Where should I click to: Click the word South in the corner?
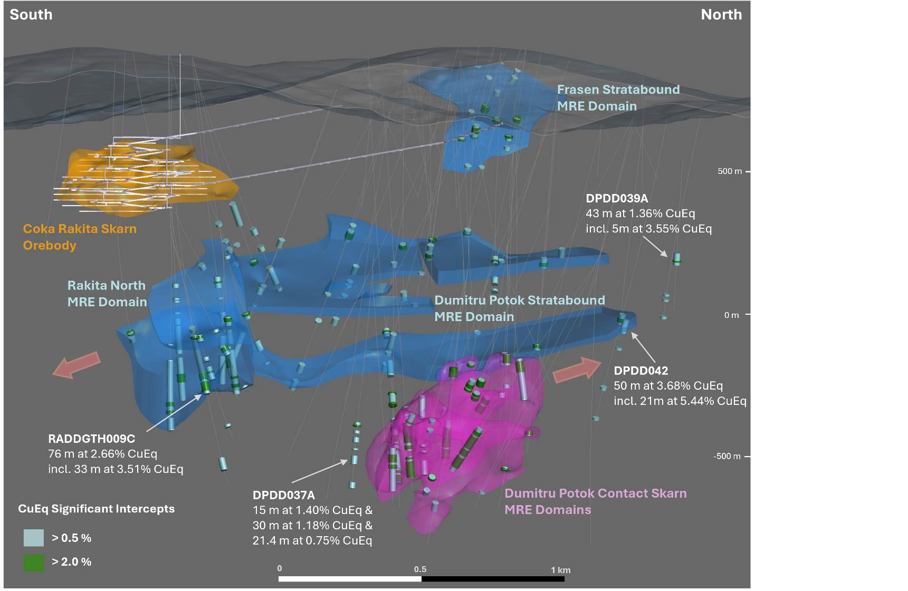pyautogui.click(x=31, y=14)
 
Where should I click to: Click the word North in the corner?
pyautogui.click(x=721, y=14)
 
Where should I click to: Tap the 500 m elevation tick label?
pyautogui.click(x=730, y=171)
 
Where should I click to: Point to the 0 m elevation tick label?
pyautogui.click(x=731, y=315)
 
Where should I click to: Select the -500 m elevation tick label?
pyautogui.click(x=727, y=456)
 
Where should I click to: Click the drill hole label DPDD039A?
pyautogui.click(x=617, y=198)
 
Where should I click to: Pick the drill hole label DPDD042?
pyautogui.click(x=641, y=371)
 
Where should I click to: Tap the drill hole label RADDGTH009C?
pyautogui.click(x=91, y=439)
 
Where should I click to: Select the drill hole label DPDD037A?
pyautogui.click(x=283, y=495)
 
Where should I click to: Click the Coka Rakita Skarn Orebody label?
pyautogui.click(x=80, y=237)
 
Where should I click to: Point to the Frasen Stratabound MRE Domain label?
pyautogui.click(x=618, y=98)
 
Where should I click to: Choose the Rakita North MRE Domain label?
pyautogui.click(x=107, y=294)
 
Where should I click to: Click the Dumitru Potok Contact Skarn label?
pyautogui.click(x=596, y=493)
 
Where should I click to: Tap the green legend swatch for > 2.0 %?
pyautogui.click(x=34, y=562)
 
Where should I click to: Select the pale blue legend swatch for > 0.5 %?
pyautogui.click(x=34, y=538)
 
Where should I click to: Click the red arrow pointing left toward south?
pyautogui.click(x=77, y=364)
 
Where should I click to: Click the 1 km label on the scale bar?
pyautogui.click(x=561, y=570)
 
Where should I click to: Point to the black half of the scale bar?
pyautogui.click(x=493, y=579)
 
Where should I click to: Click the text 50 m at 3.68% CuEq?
pyautogui.click(x=668, y=386)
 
